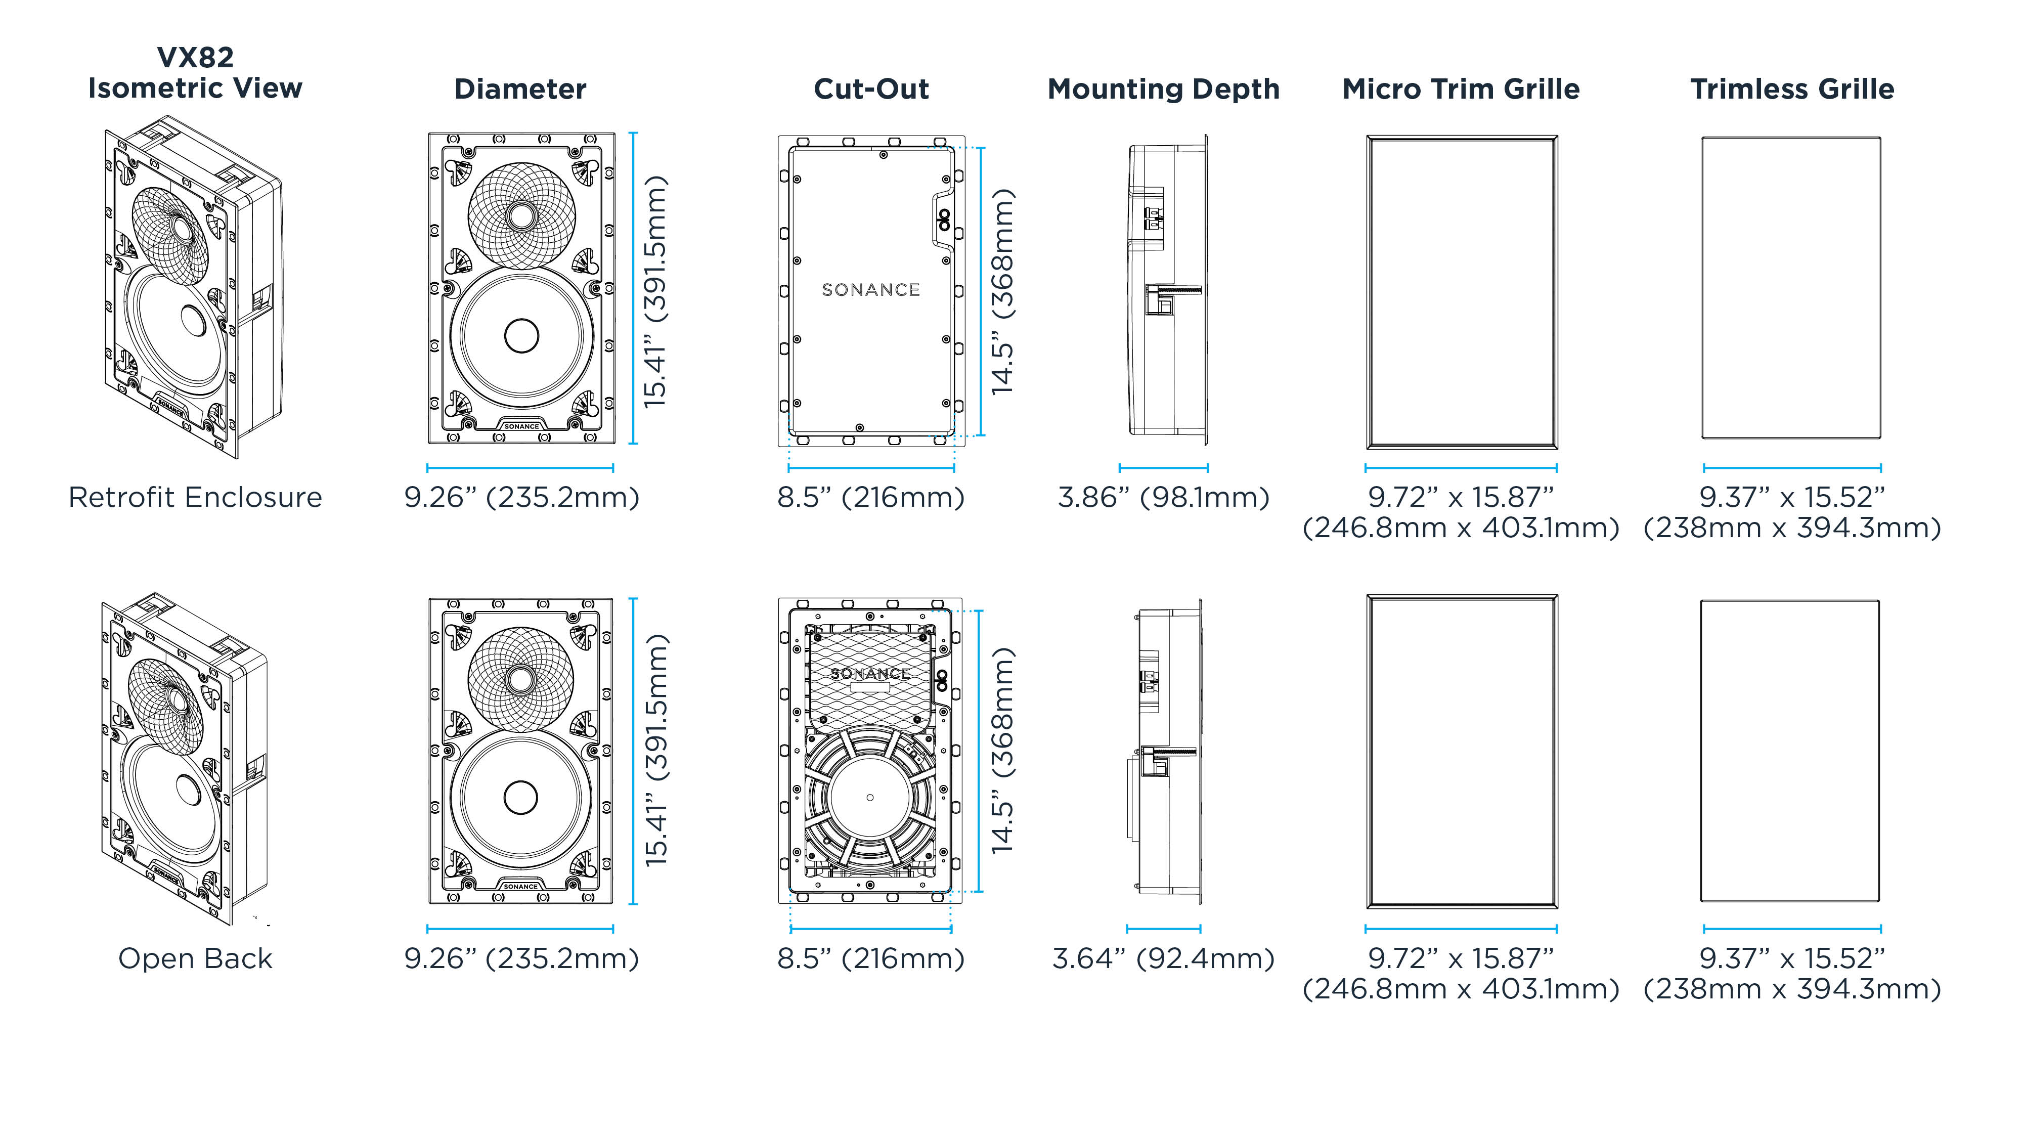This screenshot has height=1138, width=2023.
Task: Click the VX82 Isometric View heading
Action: [195, 72]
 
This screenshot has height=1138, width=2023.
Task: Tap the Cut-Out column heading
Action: [871, 89]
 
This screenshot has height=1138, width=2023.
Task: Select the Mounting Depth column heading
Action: [1163, 89]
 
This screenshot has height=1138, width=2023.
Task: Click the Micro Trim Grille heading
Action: [1461, 89]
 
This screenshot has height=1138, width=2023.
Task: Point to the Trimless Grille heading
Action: [1791, 89]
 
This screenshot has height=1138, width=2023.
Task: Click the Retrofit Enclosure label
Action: [195, 497]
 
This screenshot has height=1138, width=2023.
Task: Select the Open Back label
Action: [195, 958]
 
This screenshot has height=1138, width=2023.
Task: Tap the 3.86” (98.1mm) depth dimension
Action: [1163, 497]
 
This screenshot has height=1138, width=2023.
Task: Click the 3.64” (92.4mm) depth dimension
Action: [1163, 958]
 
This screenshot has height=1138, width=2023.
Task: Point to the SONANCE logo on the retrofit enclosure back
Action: [870, 290]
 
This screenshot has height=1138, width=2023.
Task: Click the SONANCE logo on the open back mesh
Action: [870, 673]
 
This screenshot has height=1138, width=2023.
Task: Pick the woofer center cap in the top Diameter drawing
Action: [521, 336]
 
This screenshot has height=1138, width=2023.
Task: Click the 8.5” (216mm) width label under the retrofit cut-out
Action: [870, 497]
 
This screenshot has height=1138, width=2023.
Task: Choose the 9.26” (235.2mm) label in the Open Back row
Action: [521, 958]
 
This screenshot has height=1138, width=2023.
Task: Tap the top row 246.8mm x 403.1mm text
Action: [1461, 528]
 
